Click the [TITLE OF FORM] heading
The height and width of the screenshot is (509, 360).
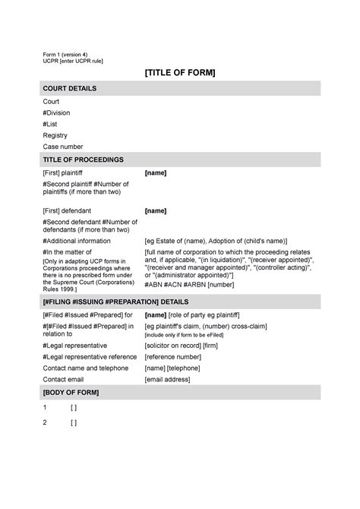point(180,72)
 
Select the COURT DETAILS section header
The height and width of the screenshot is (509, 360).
point(69,89)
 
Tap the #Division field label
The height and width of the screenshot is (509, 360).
point(58,112)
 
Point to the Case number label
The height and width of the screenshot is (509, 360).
point(63,147)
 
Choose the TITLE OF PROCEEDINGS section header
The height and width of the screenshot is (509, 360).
point(83,160)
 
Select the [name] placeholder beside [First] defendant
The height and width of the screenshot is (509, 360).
point(156,210)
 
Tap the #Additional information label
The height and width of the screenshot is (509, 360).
point(77,241)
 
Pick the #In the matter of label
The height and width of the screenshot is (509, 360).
point(68,251)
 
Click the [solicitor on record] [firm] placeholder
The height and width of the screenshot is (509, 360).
point(181,346)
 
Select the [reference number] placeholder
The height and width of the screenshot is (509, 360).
point(173,356)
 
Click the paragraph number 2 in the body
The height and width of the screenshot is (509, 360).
point(46,422)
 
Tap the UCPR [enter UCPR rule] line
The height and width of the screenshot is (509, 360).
point(73,61)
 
